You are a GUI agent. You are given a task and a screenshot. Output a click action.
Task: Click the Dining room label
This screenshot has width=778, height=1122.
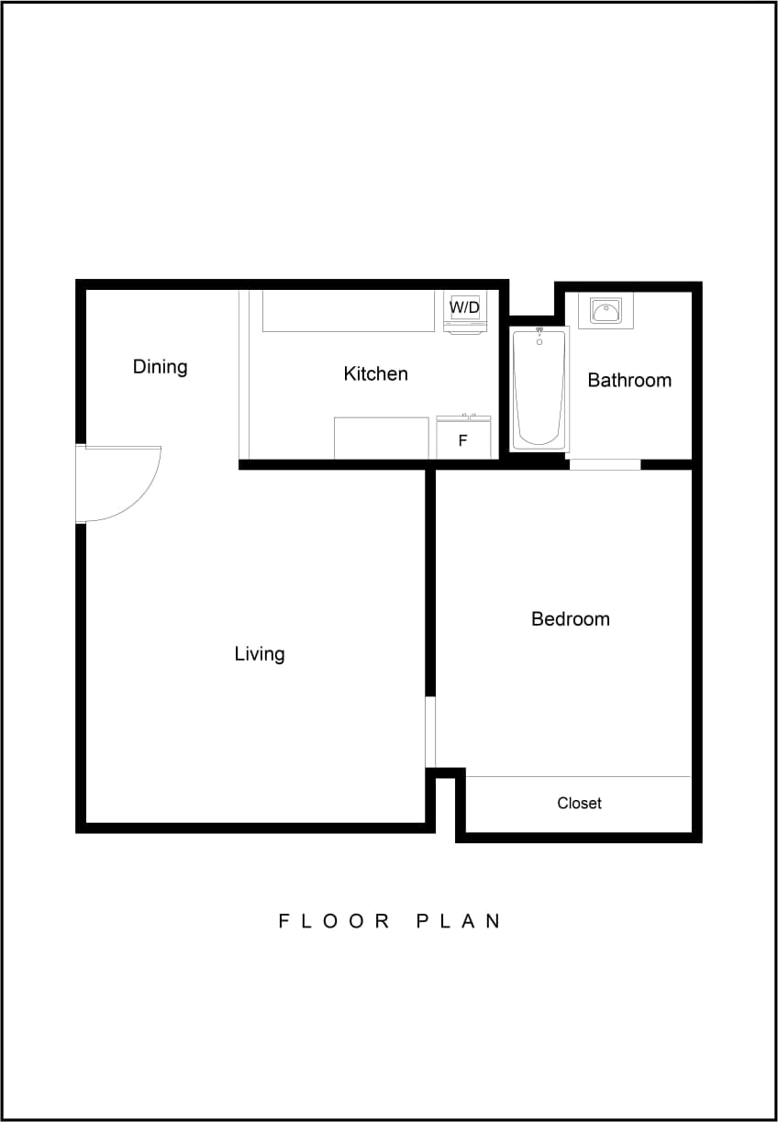[x=160, y=367]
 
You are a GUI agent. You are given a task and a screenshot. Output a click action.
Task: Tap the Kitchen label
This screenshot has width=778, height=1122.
[x=375, y=373]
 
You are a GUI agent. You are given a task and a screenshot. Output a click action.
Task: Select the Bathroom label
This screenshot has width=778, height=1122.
[x=629, y=380]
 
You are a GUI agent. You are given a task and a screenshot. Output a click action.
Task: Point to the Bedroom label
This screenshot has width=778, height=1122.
[x=570, y=619]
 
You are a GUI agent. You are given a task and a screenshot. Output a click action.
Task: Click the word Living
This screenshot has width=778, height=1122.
[x=260, y=654]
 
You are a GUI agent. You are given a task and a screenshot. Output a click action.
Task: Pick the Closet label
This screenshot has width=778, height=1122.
[x=579, y=804]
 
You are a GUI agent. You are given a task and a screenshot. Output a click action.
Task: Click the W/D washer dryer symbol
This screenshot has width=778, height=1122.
[x=464, y=309]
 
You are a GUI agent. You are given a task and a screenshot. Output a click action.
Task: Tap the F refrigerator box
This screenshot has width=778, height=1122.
[x=462, y=440]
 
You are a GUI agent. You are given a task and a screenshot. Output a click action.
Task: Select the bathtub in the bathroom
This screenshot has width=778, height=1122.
[x=539, y=390]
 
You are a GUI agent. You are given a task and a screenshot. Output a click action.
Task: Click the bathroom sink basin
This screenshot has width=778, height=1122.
[x=606, y=312]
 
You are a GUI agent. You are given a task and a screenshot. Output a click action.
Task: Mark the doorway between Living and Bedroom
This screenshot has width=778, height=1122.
[x=430, y=732]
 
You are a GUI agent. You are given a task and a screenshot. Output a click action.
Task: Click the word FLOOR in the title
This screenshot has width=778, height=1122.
[x=335, y=921]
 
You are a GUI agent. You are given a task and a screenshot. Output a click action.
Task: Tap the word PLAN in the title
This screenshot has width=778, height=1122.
[x=459, y=921]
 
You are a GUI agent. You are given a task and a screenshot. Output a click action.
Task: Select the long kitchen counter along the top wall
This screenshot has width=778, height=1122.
[x=348, y=311]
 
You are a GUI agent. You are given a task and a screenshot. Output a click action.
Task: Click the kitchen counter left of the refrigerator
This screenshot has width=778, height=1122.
[x=381, y=438]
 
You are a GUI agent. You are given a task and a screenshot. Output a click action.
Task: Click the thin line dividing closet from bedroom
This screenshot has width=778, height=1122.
[x=578, y=777]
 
